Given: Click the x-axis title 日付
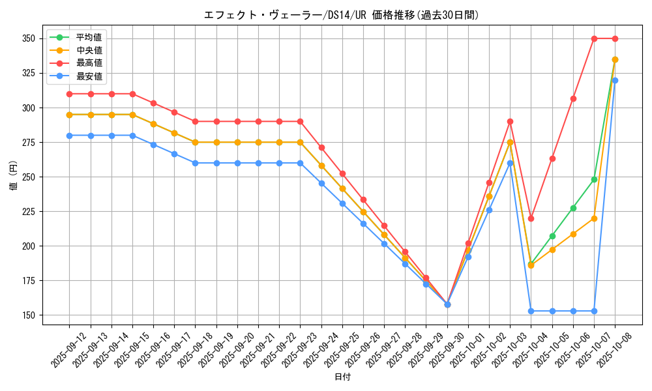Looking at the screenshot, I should [x=342, y=377].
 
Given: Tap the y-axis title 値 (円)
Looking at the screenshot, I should [x=14, y=177].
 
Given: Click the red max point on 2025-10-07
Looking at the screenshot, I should [x=594, y=38].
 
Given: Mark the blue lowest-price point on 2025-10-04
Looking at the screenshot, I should [x=531, y=311].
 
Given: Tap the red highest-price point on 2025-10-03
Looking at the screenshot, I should [x=510, y=121].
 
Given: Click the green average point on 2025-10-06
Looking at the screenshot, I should [x=573, y=208].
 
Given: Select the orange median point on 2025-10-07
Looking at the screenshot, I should [x=594, y=218].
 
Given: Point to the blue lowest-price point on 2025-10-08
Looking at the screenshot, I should [x=615, y=80].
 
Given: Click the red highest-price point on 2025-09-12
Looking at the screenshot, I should [x=69, y=94].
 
